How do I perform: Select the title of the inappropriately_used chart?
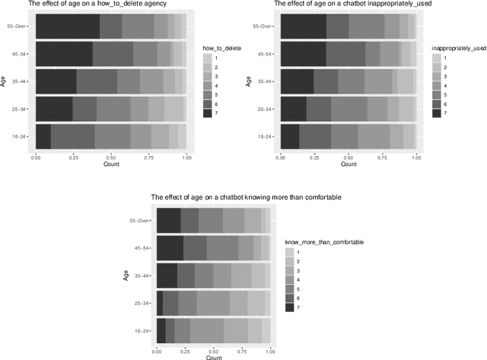pos(346,5)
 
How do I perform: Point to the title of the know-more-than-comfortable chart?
pos(246,197)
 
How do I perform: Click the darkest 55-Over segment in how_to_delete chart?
pos(68,27)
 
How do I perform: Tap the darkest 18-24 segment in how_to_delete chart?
pos(43,136)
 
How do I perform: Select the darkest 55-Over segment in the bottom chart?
pos(168,220)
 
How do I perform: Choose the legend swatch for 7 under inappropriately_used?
pos(436,113)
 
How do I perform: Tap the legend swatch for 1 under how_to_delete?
pos(207,58)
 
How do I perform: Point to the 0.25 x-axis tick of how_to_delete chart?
pos(73,158)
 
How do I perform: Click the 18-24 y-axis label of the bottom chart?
pos(142,330)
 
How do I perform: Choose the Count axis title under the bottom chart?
pos(214,357)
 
